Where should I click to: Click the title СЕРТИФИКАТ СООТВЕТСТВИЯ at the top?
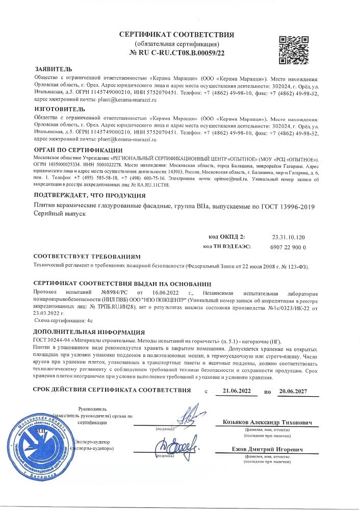(x=176, y=35)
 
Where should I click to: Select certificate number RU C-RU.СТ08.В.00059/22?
(x=176, y=52)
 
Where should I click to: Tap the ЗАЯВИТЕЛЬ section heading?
(x=53, y=69)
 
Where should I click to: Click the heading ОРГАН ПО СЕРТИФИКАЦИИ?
(x=78, y=149)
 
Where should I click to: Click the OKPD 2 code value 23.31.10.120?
(x=289, y=237)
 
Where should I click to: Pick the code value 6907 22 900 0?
(x=289, y=246)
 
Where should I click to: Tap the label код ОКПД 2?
(x=227, y=237)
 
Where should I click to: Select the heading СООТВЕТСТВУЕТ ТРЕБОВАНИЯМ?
(x=86, y=257)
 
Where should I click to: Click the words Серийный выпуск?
(x=56, y=215)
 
